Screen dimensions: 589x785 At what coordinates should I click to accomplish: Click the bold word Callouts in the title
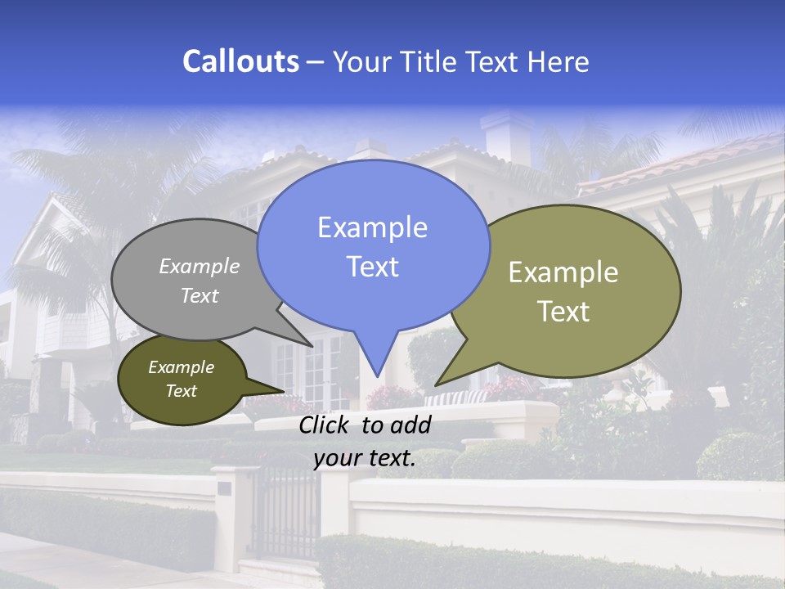click(240, 61)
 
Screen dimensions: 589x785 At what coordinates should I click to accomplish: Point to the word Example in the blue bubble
click(372, 227)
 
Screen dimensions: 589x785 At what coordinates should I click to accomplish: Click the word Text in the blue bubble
click(372, 267)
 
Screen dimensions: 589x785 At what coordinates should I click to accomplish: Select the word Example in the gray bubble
click(200, 266)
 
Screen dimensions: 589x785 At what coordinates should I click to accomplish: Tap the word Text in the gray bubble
click(200, 295)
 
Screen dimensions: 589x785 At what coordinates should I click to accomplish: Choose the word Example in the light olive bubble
click(563, 272)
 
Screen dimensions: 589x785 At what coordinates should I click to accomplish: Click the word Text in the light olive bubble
click(563, 312)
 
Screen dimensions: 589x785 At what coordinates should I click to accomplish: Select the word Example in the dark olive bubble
click(181, 367)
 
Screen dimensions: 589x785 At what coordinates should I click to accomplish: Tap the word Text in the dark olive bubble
click(181, 391)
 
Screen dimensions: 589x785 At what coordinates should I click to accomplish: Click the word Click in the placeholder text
click(326, 425)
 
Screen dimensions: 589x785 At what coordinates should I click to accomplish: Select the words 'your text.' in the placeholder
click(365, 458)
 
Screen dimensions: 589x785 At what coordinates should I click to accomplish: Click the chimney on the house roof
click(506, 135)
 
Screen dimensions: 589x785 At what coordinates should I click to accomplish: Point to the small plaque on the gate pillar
click(224, 488)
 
